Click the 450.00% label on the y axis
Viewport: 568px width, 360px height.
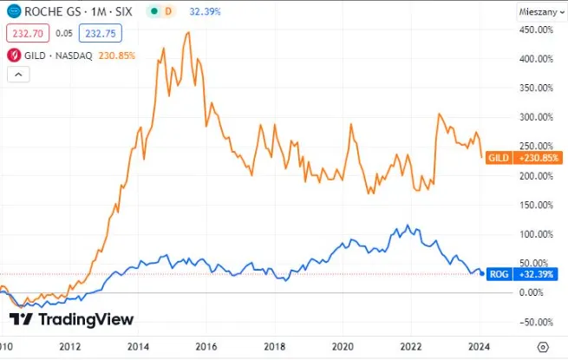point(536,29)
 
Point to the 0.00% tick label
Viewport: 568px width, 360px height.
point(531,292)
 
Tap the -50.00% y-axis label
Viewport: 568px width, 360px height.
point(536,323)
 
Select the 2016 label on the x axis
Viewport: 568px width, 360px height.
point(206,347)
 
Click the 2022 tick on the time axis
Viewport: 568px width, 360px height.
point(411,347)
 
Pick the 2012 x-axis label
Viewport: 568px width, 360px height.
point(70,347)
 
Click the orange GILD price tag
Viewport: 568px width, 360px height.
point(524,158)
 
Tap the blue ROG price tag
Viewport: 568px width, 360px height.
point(522,274)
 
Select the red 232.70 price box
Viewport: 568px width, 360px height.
point(28,33)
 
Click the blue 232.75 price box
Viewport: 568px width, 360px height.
point(101,33)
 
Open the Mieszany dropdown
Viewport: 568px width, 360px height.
point(542,12)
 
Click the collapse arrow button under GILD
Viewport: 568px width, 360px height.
point(18,75)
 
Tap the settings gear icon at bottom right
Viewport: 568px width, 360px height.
point(543,347)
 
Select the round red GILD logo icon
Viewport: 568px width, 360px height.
point(14,56)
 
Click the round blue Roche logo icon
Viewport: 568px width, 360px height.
point(14,11)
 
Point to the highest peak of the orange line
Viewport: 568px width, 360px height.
point(188,32)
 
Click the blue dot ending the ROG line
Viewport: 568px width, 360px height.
point(482,274)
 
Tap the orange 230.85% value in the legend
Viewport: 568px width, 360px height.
point(117,56)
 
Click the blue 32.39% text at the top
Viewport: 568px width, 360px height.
point(205,11)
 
